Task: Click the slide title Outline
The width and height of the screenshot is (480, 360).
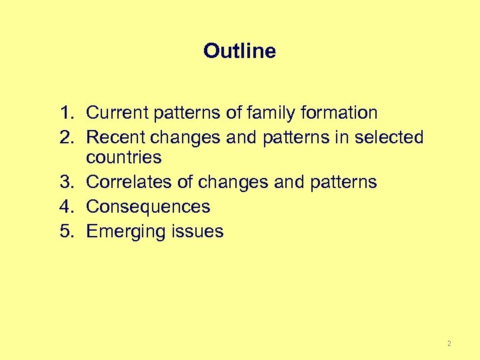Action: [239, 51]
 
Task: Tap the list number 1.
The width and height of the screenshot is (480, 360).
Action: [65, 113]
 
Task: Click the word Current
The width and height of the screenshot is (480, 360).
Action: [118, 113]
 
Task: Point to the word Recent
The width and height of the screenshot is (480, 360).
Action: [117, 137]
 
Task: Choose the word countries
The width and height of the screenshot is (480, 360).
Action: [124, 158]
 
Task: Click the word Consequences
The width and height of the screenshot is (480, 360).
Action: [148, 207]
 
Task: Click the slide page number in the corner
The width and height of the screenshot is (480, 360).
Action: [449, 343]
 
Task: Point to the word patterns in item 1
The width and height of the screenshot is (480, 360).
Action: [189, 113]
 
